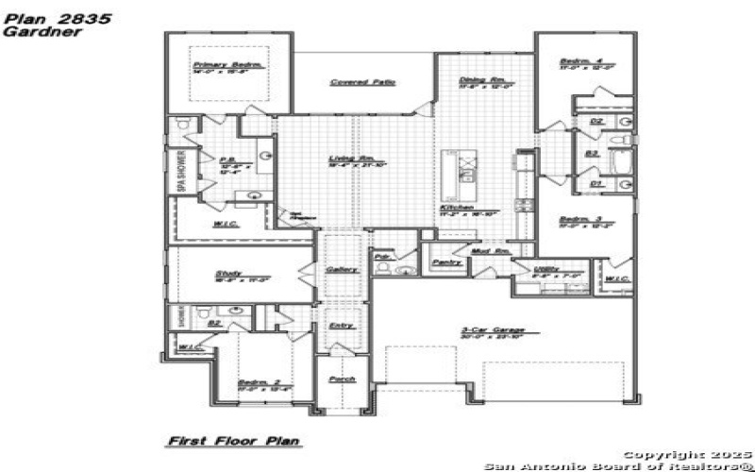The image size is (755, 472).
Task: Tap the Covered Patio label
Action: (362, 82)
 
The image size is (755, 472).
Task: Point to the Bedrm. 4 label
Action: (574, 61)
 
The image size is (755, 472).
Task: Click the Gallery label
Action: (341, 269)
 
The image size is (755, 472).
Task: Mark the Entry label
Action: (341, 326)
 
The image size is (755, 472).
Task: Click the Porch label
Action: (341, 379)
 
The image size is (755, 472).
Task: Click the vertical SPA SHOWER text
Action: (179, 172)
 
